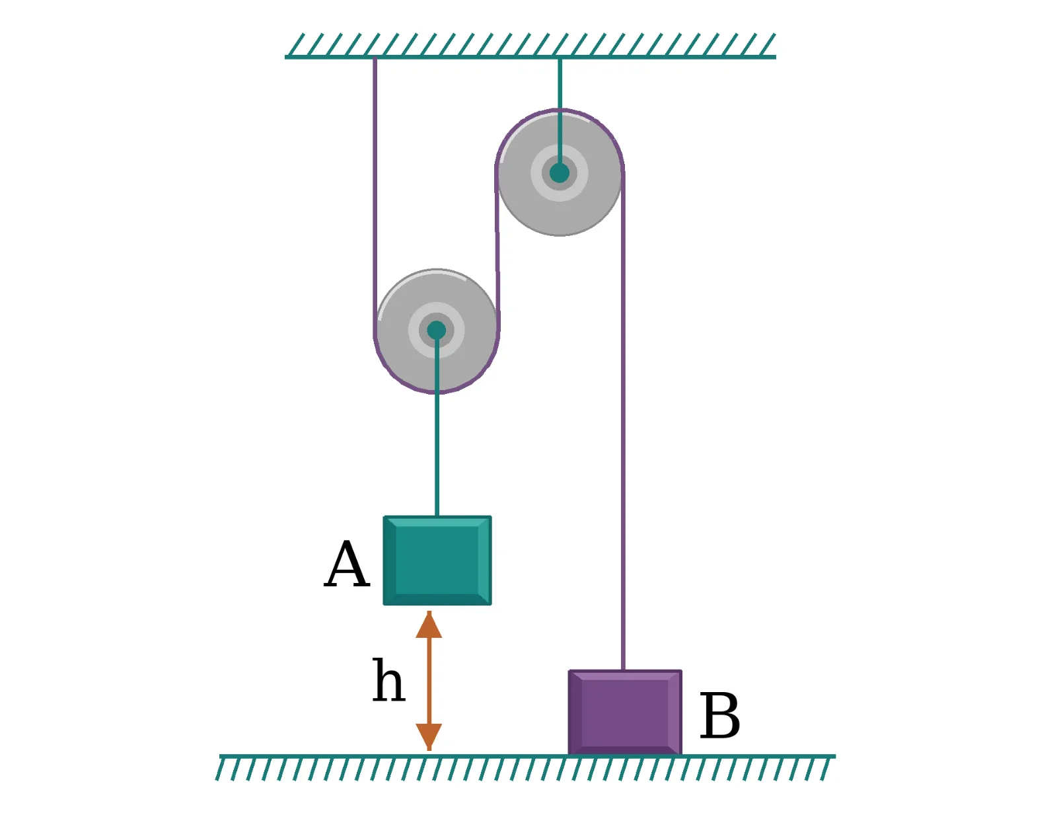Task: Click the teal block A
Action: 437,560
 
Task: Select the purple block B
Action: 624,712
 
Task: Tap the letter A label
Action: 346,564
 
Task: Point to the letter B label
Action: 719,715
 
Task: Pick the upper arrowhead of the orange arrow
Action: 429,625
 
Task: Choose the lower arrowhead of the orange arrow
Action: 429,737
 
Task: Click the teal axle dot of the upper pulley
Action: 560,173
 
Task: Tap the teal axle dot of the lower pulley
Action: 436,330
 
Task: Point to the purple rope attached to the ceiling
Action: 375,194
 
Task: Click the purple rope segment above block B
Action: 623,421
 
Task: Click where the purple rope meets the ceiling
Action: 375,58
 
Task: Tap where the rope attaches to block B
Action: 623,670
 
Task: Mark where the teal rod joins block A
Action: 437,516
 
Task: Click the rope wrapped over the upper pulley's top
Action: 560,110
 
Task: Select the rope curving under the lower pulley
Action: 436,392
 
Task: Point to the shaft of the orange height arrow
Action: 429,681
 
